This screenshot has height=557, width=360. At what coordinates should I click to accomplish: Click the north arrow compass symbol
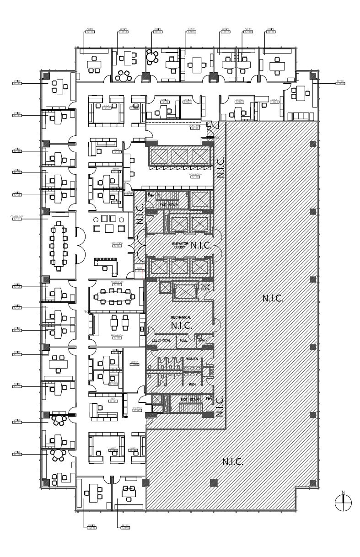(x=343, y=503)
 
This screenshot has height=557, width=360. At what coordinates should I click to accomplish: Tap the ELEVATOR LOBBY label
(x=180, y=246)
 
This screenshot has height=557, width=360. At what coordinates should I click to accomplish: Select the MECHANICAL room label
(x=181, y=317)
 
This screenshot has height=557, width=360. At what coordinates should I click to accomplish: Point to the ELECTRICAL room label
(x=161, y=340)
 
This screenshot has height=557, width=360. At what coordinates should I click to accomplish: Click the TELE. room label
(x=183, y=340)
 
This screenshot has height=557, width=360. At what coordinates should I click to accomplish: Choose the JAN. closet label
(x=201, y=340)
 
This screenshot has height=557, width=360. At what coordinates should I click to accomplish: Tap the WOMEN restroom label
(x=192, y=359)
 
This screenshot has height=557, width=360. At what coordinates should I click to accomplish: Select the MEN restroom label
(x=192, y=385)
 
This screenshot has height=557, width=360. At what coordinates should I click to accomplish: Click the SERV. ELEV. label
(x=205, y=287)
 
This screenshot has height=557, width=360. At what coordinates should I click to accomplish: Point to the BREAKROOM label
(x=117, y=336)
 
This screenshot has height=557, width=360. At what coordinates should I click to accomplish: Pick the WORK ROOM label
(x=194, y=176)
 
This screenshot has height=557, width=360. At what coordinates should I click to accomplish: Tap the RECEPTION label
(x=117, y=245)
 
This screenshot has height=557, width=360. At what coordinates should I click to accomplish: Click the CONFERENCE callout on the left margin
(x=17, y=218)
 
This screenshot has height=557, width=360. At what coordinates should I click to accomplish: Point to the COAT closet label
(x=139, y=270)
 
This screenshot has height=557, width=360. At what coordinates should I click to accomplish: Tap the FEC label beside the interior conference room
(x=86, y=311)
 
